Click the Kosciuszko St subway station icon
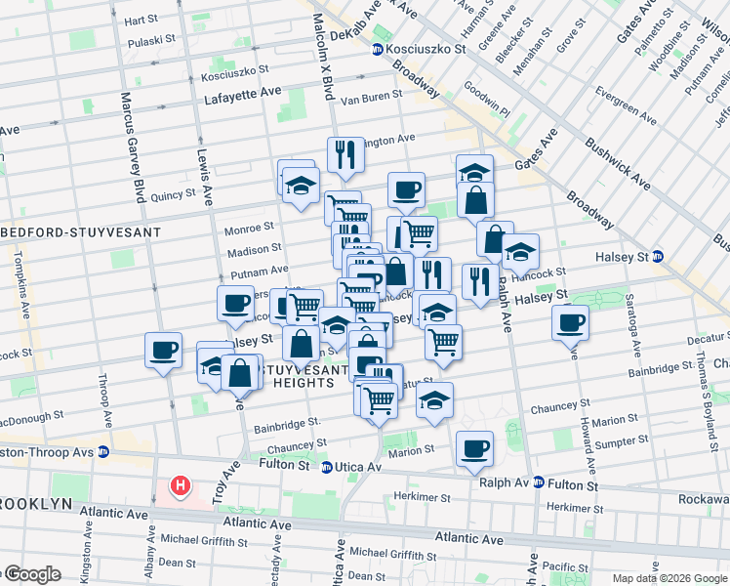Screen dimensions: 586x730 click(x=377, y=48)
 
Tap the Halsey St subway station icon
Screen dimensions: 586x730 click(x=658, y=257)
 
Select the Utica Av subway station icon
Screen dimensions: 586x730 click(x=327, y=466)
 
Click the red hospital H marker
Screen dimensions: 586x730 click(x=180, y=485)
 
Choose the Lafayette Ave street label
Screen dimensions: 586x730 click(x=242, y=99)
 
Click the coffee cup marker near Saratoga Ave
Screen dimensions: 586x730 click(x=570, y=321)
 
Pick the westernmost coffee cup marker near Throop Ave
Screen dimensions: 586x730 click(x=163, y=349)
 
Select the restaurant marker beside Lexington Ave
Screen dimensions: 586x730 click(x=345, y=154)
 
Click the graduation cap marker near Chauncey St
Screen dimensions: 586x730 click(x=434, y=399)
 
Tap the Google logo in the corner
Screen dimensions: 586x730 click(x=31, y=575)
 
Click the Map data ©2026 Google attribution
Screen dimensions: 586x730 click(x=668, y=578)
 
